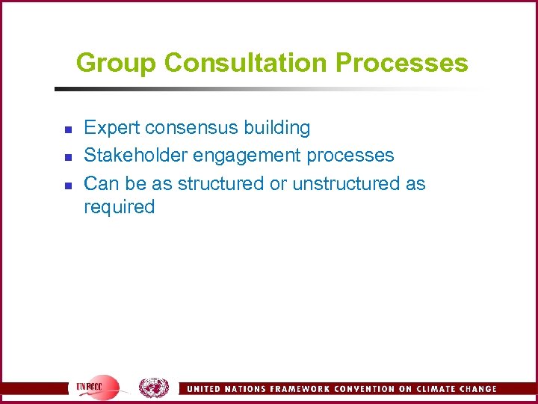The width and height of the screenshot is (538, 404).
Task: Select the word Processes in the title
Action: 402,63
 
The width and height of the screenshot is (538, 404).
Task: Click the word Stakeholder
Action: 136,156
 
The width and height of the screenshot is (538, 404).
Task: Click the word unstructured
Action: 346,183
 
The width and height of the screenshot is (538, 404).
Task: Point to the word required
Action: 119,207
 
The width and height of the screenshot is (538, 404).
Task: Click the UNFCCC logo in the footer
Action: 98,388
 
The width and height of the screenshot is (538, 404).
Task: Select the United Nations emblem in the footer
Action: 154,388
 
